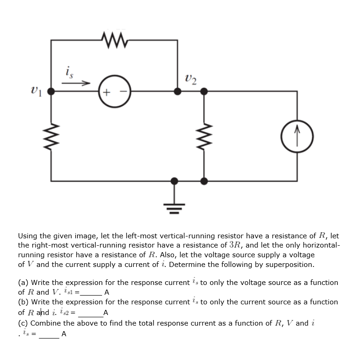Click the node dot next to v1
click(51, 91)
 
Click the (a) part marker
click(23, 283)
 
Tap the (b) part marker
click(23, 302)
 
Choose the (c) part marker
click(23, 323)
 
